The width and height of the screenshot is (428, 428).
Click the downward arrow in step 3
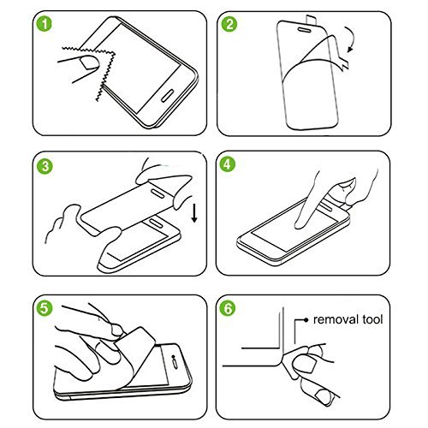coord(194,209)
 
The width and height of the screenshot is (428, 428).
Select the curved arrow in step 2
coord(350,39)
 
